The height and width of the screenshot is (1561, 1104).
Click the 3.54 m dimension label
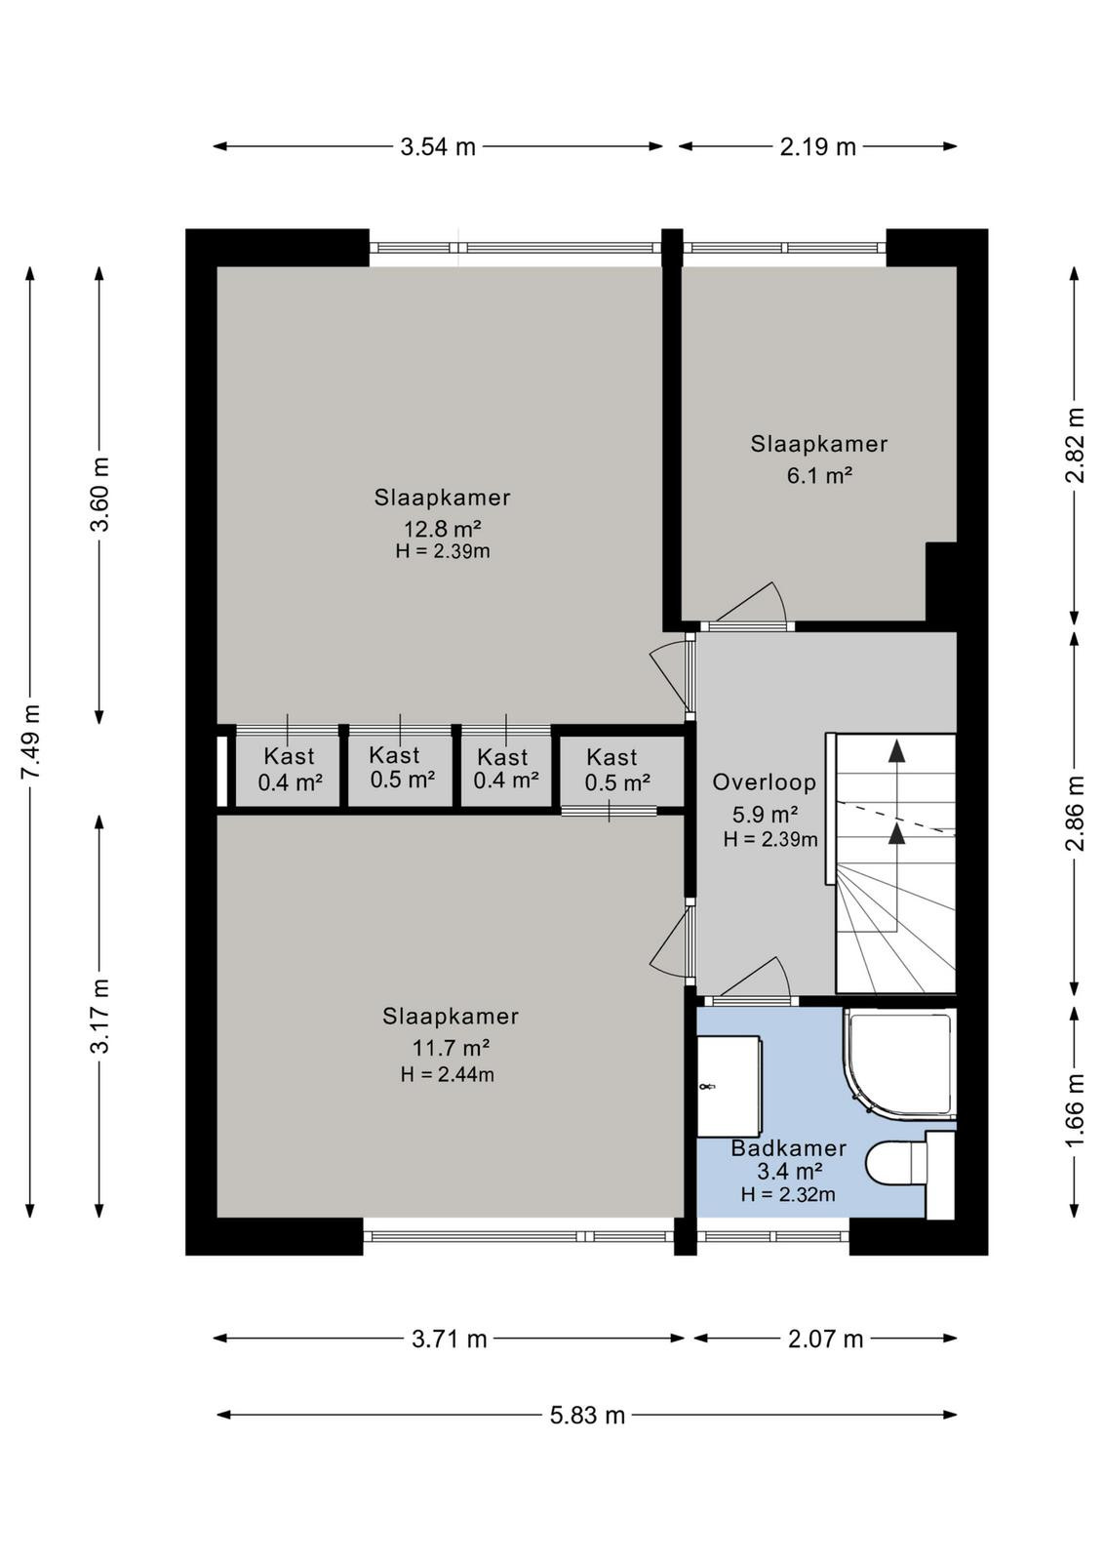438,147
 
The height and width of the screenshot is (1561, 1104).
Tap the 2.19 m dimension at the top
817,147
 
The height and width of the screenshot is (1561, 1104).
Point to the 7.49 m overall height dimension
31,742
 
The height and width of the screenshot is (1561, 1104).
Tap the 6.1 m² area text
819,476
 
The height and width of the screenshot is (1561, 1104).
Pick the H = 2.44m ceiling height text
448,1074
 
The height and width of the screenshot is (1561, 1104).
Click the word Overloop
764,782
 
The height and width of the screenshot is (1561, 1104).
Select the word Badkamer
788,1147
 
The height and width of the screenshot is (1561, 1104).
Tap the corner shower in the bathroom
899,1064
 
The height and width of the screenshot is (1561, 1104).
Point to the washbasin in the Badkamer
729,1086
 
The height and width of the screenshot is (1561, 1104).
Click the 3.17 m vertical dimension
101,1017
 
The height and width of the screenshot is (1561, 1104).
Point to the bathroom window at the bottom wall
773,1237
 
